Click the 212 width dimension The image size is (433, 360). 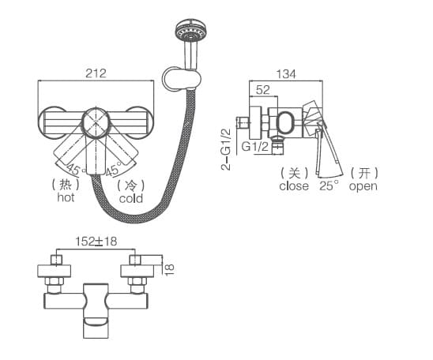point(95,73)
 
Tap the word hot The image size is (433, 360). point(66,197)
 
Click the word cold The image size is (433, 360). point(131,198)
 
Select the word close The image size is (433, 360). point(294,187)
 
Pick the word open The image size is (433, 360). point(363,187)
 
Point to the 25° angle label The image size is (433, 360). point(329,186)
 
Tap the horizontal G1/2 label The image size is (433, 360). point(254,147)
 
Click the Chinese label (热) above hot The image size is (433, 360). point(66,184)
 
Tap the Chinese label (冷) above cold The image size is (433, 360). point(131,185)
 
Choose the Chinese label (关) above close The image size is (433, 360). point(294,173)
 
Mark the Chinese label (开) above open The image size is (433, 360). point(363,173)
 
